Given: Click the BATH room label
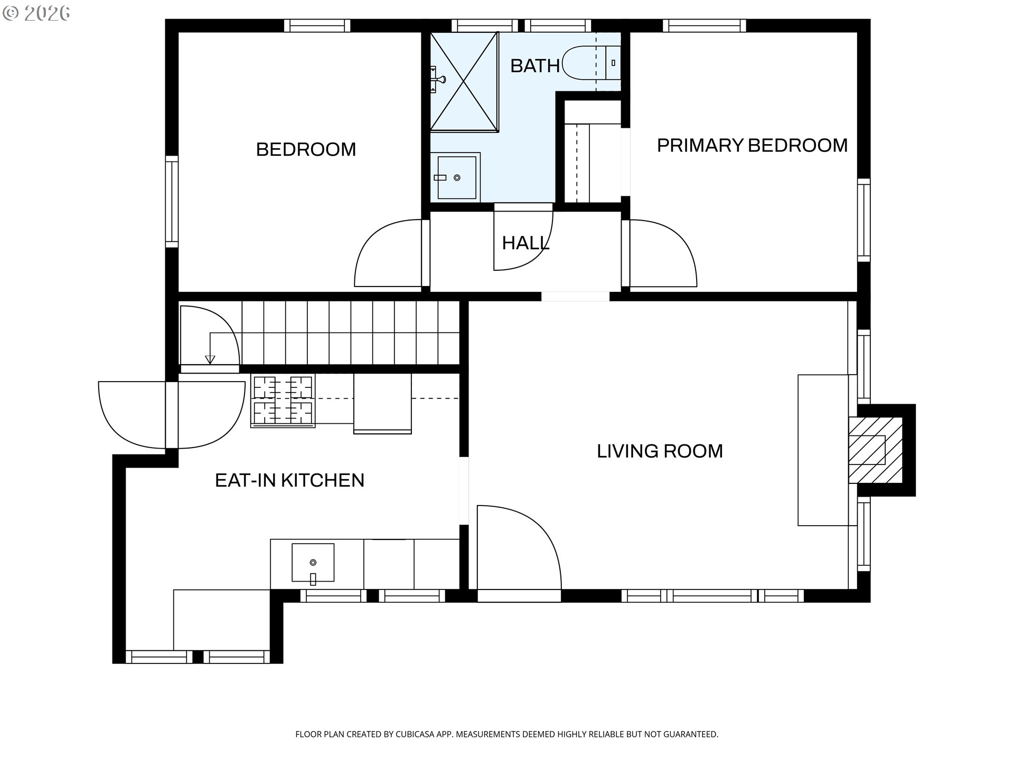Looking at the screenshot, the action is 534,66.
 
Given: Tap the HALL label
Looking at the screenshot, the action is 525,243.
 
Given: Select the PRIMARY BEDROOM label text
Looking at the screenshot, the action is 752,145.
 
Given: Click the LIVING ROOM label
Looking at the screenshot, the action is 660,451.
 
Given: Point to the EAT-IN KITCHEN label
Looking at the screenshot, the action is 289,480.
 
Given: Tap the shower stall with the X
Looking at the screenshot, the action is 464,81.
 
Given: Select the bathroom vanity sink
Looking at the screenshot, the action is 455,177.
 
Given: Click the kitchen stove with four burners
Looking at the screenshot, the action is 283,400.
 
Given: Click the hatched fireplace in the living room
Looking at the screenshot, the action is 875,450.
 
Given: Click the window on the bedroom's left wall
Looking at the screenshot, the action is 172,201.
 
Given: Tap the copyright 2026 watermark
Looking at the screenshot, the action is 36,13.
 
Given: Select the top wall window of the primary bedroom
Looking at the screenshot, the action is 705,25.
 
